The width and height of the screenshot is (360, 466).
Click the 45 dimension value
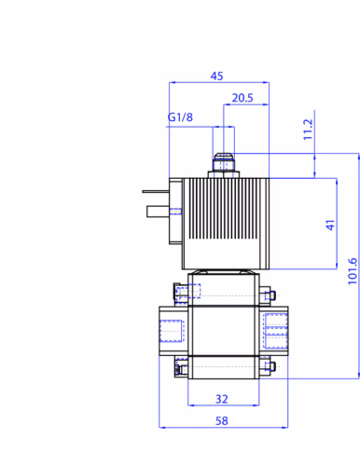click(x=216, y=76)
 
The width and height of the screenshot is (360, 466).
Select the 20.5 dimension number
click(x=242, y=98)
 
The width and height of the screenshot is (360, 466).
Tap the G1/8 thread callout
click(x=180, y=117)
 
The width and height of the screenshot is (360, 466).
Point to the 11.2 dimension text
click(x=308, y=130)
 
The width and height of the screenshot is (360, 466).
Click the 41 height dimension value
click(x=330, y=225)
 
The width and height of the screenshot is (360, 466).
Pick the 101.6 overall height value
click(x=353, y=271)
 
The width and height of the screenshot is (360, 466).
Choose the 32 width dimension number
click(x=222, y=399)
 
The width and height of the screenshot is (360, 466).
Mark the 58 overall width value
click(x=222, y=421)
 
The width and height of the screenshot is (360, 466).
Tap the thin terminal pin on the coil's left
click(x=156, y=192)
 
